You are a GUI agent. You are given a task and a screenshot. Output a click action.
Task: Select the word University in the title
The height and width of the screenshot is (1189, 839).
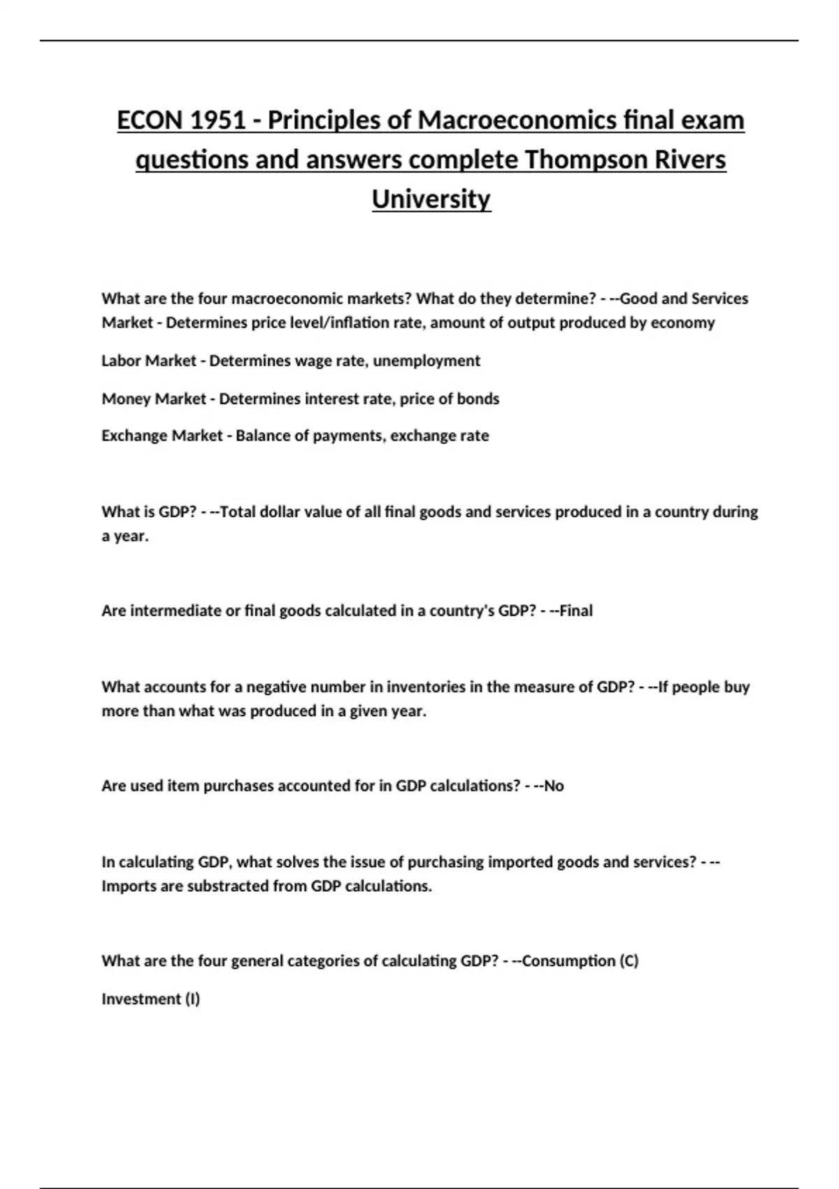pyautogui.click(x=431, y=199)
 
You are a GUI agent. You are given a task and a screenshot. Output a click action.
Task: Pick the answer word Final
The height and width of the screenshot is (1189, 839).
pyautogui.click(x=576, y=611)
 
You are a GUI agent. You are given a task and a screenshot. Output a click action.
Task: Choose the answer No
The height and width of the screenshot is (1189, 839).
pyautogui.click(x=554, y=785)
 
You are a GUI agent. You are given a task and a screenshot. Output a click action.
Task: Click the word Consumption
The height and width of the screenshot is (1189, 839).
pyautogui.click(x=568, y=961)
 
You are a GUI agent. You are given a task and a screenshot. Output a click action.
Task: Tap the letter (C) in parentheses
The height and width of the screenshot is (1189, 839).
pyautogui.click(x=629, y=961)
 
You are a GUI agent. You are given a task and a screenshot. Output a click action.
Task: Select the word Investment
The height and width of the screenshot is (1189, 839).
pyautogui.click(x=141, y=999)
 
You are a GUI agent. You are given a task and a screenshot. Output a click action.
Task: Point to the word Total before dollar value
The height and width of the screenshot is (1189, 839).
pyautogui.click(x=238, y=512)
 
